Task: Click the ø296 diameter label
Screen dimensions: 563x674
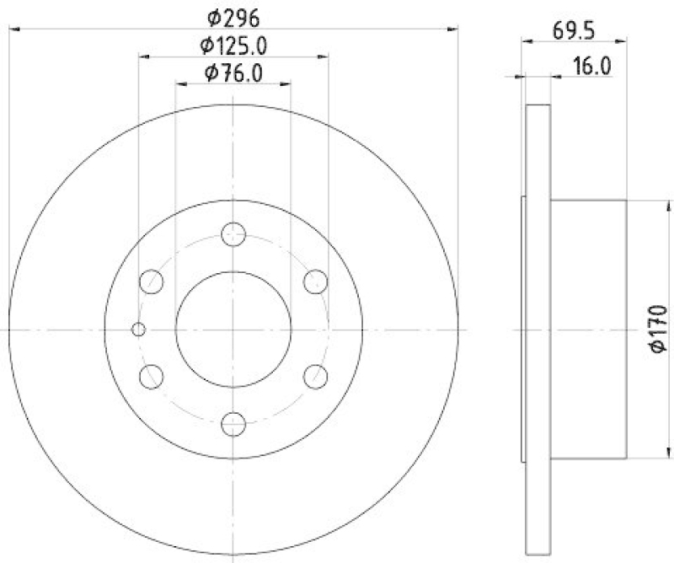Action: pos(233,16)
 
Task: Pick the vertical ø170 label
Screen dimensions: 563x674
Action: pos(658,329)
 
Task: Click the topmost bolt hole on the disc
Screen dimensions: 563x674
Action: pos(233,234)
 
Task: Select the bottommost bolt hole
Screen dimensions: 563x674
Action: pos(233,424)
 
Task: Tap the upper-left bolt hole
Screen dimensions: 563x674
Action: pos(152,281)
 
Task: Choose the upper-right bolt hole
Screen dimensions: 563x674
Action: pos(315,281)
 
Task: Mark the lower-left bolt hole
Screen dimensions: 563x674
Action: pos(152,377)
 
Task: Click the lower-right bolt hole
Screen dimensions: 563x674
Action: pos(315,377)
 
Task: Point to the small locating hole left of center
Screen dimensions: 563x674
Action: pos(140,329)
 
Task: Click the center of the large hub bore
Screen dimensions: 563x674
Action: pos(233,329)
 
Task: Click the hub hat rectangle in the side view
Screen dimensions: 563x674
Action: pos(587,329)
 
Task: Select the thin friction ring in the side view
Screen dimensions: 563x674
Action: pos(538,329)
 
